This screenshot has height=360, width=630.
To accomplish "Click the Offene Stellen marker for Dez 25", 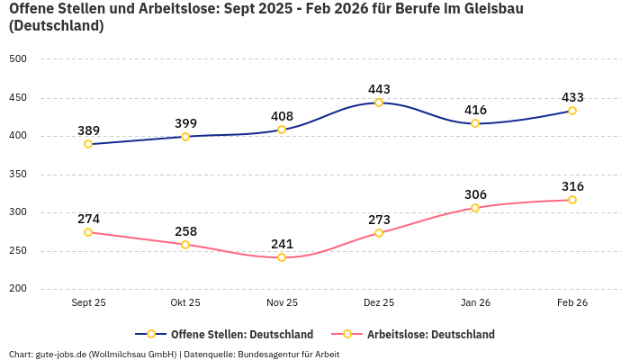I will (379, 103).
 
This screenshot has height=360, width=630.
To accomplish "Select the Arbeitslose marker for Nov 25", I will (282, 257).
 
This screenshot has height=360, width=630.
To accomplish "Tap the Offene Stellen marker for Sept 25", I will (88, 144).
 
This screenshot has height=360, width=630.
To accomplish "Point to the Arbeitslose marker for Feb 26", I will (572, 200).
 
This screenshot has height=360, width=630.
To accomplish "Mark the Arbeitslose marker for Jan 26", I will (475, 208).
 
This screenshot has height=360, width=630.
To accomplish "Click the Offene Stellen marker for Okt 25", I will (185, 137).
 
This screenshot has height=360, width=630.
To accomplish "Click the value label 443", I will (379, 89).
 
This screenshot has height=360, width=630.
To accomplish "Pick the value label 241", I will (282, 244).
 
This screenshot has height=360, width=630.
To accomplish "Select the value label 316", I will (572, 186).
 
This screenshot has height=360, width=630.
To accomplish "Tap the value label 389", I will (88, 130).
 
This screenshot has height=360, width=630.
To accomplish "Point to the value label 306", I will (475, 194).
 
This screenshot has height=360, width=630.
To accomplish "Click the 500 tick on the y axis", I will (18, 59).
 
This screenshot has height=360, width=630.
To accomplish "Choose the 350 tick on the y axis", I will (18, 175).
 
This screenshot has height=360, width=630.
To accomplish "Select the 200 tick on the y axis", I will (18, 289).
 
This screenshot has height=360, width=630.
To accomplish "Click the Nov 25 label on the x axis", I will (282, 302).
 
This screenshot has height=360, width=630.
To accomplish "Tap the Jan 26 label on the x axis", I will (475, 302).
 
